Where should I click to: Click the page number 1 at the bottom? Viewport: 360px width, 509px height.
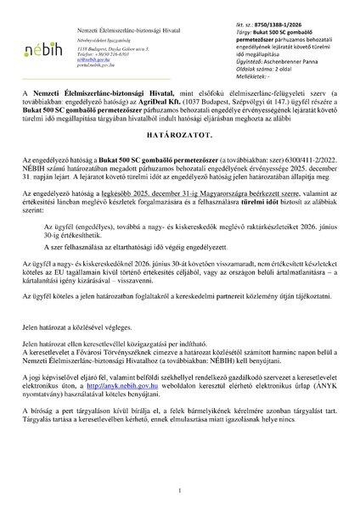point(180,490)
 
